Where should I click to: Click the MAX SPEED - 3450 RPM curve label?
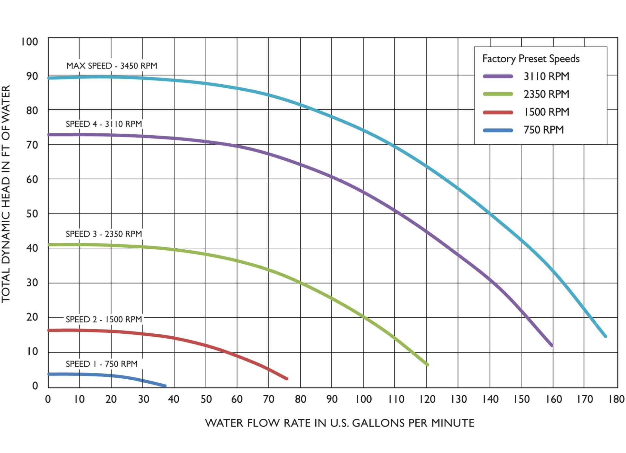click(x=112, y=66)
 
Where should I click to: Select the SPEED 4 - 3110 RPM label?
click(x=104, y=124)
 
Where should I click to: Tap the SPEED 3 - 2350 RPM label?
click(x=104, y=234)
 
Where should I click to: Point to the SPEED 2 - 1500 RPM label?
click(x=104, y=319)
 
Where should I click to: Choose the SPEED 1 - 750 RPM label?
click(x=101, y=364)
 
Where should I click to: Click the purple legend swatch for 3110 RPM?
click(x=498, y=76)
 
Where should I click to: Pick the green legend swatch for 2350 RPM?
click(x=498, y=94)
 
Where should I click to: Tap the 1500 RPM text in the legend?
click(x=546, y=112)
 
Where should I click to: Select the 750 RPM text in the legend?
click(x=544, y=130)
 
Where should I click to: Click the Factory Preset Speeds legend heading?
click(x=531, y=59)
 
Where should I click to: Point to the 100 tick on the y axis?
click(x=29, y=42)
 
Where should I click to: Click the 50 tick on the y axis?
click(x=32, y=214)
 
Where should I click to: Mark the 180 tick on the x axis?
click(x=616, y=399)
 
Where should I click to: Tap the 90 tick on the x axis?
click(x=332, y=399)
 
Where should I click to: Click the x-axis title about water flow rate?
click(x=339, y=423)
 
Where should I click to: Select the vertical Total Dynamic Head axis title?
click(x=6, y=194)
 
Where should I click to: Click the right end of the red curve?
click(x=287, y=378)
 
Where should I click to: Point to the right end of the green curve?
click(x=427, y=364)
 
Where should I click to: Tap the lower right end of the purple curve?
click(x=551, y=345)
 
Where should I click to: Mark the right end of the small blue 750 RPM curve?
click(x=165, y=386)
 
